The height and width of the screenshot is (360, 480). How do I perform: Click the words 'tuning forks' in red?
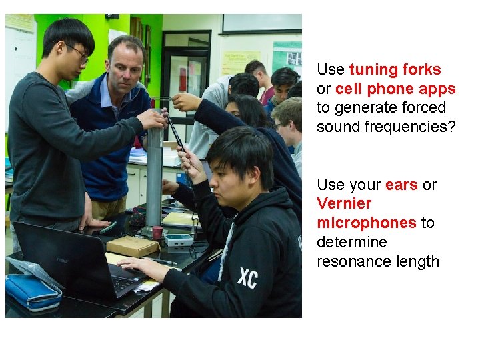coord(395,70)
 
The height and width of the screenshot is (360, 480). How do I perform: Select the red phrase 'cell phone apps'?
coord(395,89)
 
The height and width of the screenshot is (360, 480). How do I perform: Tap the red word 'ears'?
coord(401,185)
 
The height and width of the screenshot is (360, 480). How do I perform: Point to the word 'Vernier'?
coord(344,203)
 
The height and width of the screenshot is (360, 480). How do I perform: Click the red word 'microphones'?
coord(366,223)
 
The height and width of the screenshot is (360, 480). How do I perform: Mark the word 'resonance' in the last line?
coord(349,261)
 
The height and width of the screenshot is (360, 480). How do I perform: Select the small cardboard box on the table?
coord(133,246)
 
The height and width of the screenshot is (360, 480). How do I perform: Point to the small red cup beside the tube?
coord(157,233)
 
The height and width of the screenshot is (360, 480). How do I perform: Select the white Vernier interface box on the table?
coord(179,241)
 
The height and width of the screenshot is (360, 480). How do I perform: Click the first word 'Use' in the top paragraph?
coord(331,70)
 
